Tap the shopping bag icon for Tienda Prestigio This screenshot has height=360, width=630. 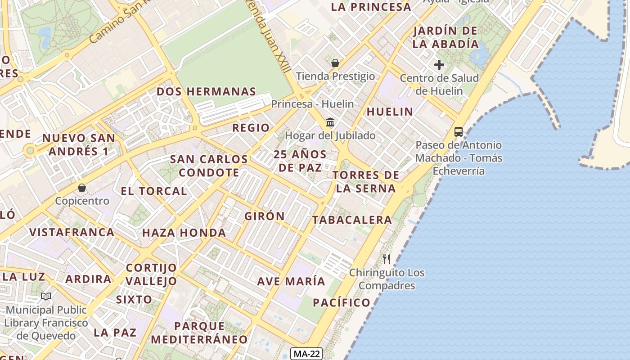click(x=335, y=63)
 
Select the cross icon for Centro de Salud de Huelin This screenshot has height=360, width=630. click(x=439, y=65)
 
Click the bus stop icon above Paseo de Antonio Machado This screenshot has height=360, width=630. click(x=458, y=132)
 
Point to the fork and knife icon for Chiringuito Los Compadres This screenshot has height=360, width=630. click(x=386, y=259)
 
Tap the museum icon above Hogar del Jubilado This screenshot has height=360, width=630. click(x=330, y=122)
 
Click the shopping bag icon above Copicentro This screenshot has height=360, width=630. click(x=82, y=187)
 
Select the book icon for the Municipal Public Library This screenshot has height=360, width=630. click(x=46, y=296)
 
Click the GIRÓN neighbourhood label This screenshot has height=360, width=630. click(x=265, y=216)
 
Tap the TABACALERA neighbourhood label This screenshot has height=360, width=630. click(x=352, y=220)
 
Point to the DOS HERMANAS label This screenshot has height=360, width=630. click(x=206, y=91)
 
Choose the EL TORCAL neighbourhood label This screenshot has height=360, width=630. click(x=153, y=191)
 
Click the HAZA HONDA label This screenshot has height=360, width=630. click(x=184, y=233)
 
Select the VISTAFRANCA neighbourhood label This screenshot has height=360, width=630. click(x=72, y=232)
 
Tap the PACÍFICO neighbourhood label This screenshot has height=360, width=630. click(x=342, y=302)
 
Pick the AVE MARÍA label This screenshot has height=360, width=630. click(x=291, y=281)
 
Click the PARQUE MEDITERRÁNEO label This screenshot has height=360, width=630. click(x=199, y=332)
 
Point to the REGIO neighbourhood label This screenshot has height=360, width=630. click(x=251, y=128)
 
